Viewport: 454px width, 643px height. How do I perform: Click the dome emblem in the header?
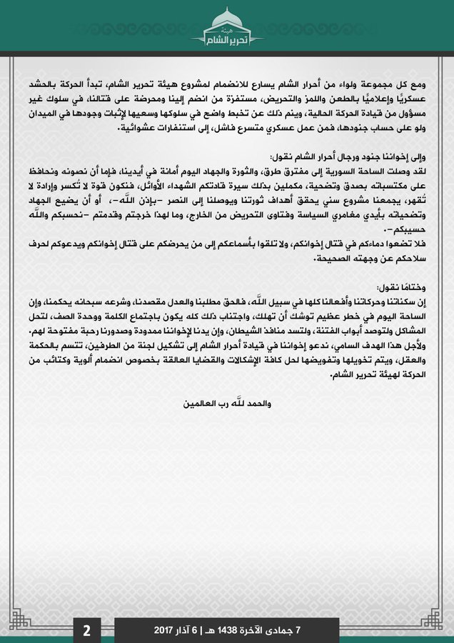tap(226, 18)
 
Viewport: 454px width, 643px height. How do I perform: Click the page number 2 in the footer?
tap(86, 630)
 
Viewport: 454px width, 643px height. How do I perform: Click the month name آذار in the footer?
tap(196, 631)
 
